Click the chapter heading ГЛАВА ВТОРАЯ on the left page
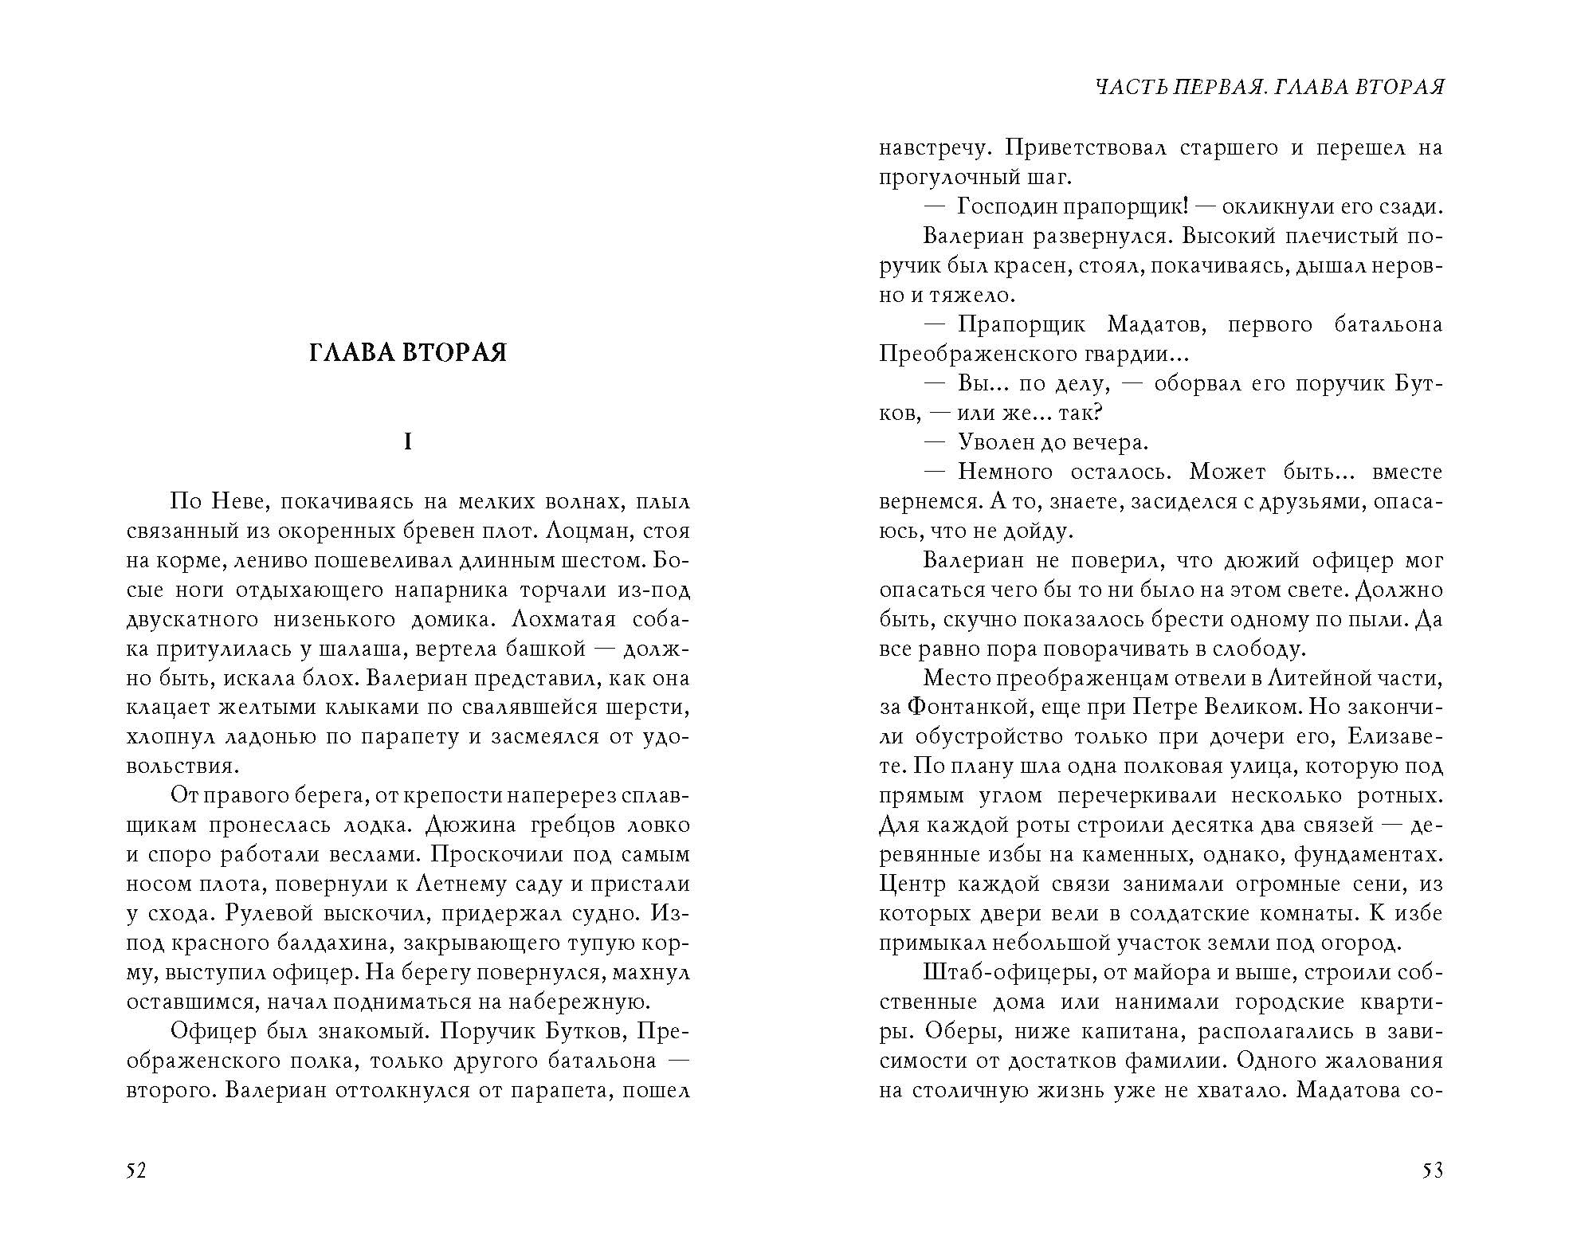407,352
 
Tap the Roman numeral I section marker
408,442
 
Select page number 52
136,1171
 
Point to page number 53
1432,1171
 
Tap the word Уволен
997,443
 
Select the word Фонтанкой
964,708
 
